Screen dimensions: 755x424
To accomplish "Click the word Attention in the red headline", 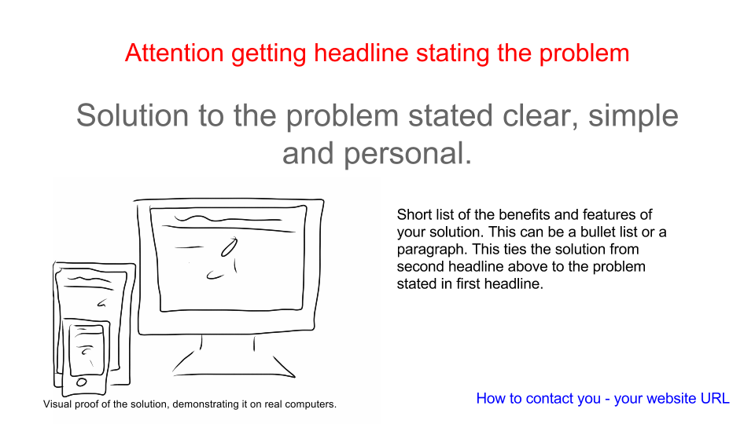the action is (175, 53).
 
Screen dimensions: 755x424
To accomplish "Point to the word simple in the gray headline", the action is (633, 117).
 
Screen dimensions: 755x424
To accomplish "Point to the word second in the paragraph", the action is (420, 266).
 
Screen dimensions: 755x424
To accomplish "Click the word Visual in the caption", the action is (57, 404).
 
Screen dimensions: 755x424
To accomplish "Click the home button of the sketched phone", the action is (81, 382).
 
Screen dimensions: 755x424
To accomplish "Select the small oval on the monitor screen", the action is (229, 247).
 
